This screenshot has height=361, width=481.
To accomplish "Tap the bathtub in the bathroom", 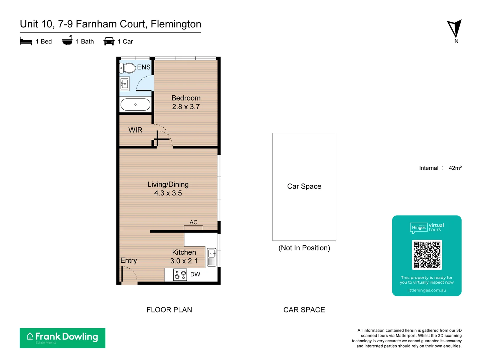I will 135,105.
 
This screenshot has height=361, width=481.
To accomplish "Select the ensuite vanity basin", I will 125,84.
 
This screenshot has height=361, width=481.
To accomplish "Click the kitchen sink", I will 212,257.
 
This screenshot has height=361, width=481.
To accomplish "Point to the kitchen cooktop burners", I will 180,275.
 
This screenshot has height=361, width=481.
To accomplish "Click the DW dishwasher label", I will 195,274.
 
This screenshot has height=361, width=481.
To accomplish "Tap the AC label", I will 193,222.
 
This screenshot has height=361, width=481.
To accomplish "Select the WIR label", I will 135,130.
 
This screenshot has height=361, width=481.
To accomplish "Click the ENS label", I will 144,67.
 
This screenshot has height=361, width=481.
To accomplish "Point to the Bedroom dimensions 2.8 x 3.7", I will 186,107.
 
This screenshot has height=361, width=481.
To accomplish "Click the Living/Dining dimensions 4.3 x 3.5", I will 168,193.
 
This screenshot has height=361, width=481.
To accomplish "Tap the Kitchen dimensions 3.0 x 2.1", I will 184,261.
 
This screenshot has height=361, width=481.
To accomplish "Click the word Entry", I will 129,260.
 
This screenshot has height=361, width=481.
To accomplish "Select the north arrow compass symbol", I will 455,29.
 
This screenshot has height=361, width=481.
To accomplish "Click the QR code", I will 427,255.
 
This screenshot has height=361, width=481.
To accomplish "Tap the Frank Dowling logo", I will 62,338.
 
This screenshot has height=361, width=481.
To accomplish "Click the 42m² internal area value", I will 455,168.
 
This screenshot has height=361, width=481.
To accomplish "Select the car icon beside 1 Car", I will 109,41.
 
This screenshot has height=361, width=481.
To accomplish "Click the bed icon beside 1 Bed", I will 26,41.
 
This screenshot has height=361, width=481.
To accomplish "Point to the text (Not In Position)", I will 304,248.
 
